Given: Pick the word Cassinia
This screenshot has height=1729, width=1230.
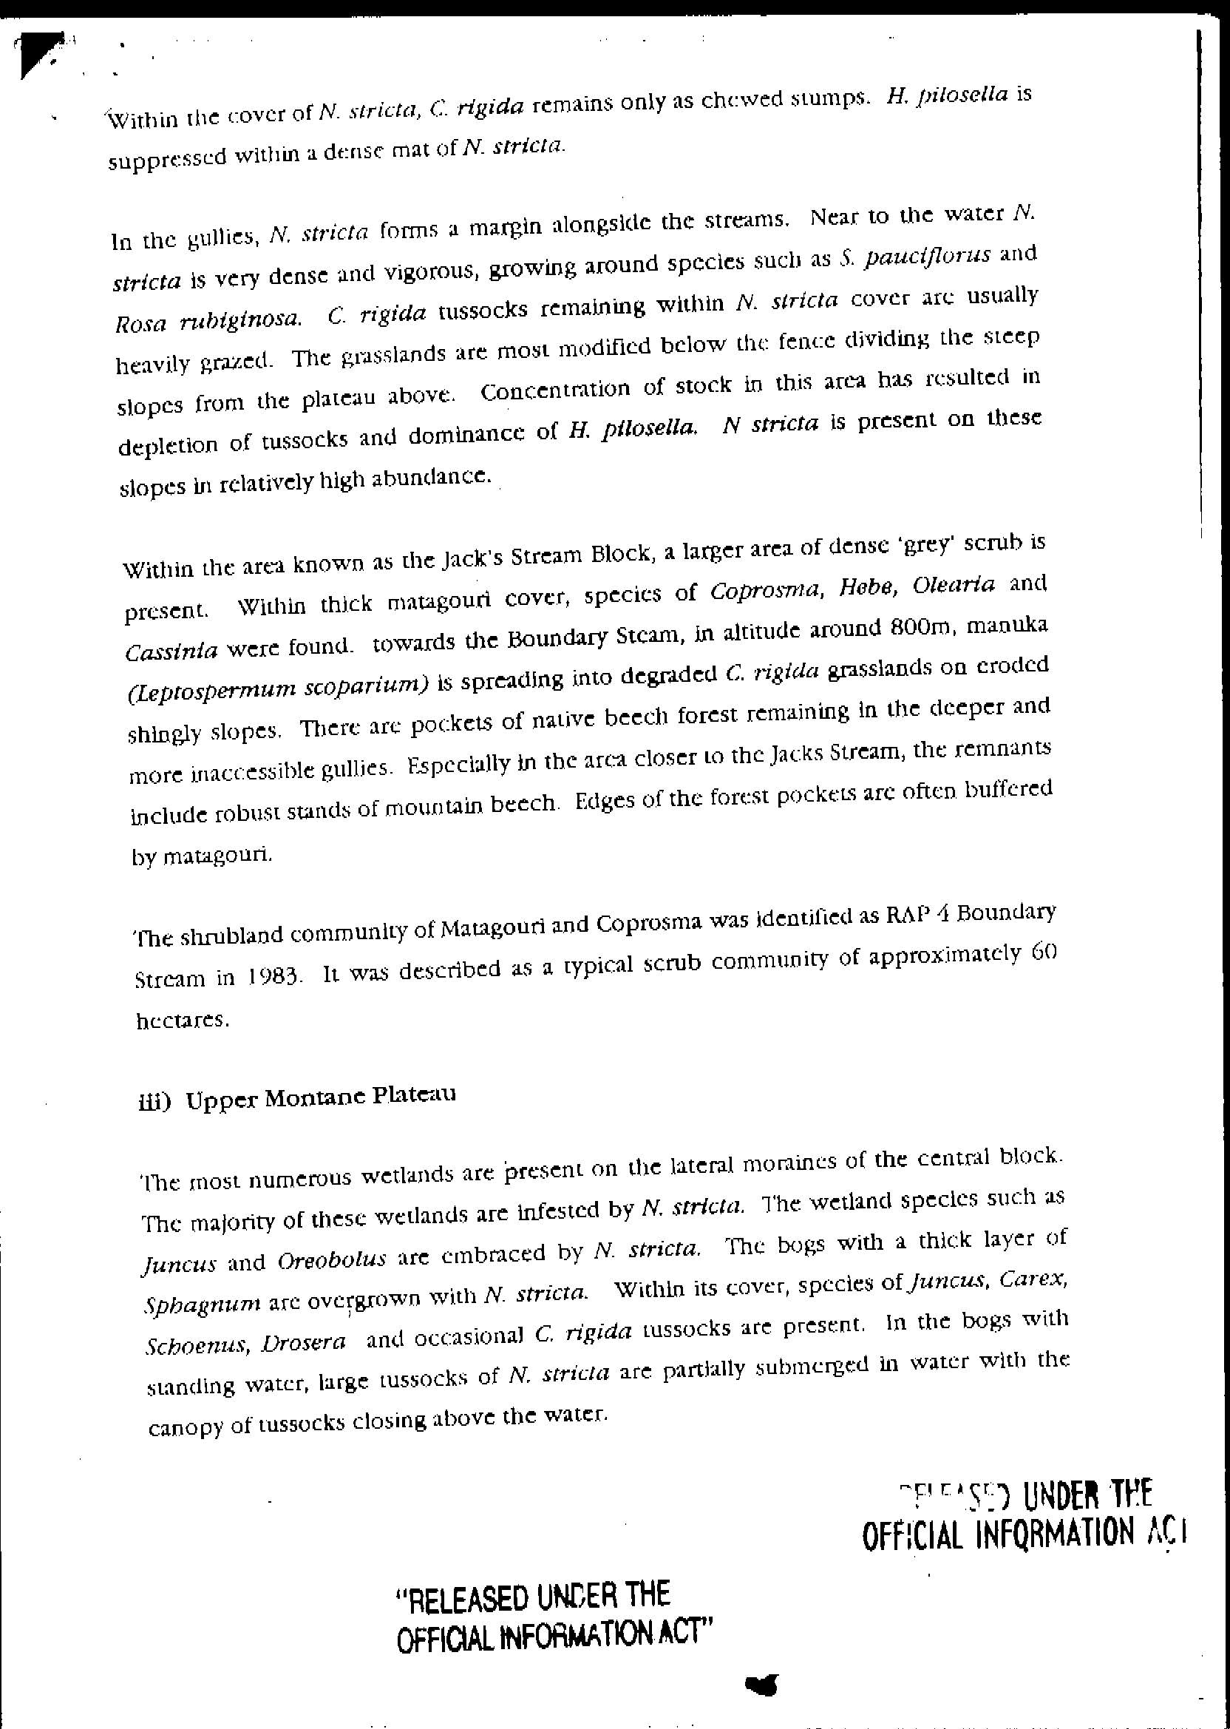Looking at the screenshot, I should pos(172,651).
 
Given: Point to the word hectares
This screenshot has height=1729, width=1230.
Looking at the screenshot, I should pos(182,1020).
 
